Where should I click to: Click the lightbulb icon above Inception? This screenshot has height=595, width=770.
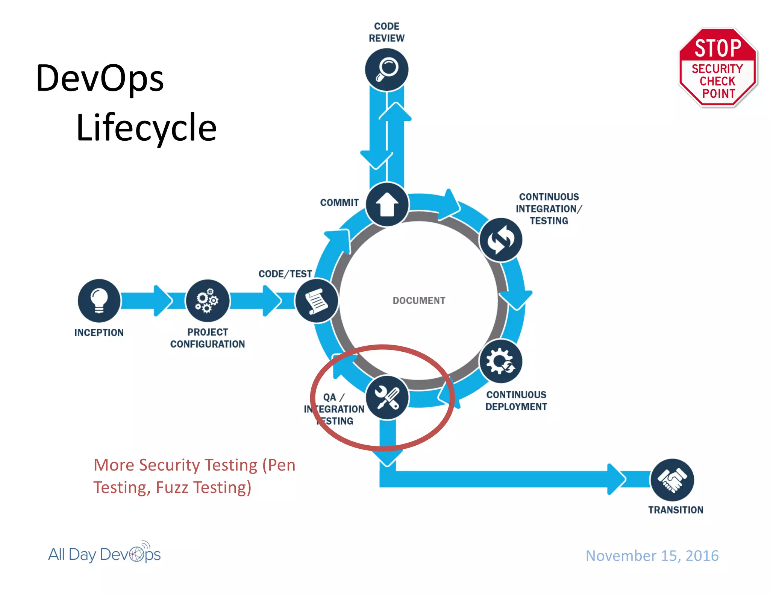[x=99, y=300]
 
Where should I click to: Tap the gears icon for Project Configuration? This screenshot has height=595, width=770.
[x=207, y=300]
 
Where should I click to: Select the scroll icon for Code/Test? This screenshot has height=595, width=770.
[x=317, y=301]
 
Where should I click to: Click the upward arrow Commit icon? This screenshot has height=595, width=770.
[x=387, y=205]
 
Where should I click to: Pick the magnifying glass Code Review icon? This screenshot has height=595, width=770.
[x=387, y=70]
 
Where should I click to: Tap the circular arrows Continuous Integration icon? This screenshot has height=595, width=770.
[x=500, y=240]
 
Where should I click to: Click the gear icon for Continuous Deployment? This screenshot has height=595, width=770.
[x=500, y=361]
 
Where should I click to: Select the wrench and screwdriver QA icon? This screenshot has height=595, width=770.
[x=387, y=397]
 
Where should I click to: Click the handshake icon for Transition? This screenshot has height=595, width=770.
[x=672, y=480]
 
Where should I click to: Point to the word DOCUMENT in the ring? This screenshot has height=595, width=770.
[x=419, y=301]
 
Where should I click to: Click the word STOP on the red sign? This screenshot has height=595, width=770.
[x=718, y=48]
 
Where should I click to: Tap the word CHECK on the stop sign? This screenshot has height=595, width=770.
[x=717, y=81]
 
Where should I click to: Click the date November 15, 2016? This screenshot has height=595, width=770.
[x=652, y=556]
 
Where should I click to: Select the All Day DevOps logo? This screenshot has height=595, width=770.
[x=105, y=554]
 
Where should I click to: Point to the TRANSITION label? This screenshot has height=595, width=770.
[x=675, y=510]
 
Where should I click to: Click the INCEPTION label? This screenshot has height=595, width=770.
[x=99, y=332]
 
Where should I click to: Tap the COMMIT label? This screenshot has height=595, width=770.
[x=339, y=202]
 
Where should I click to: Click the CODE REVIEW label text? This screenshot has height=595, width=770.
[x=387, y=32]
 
